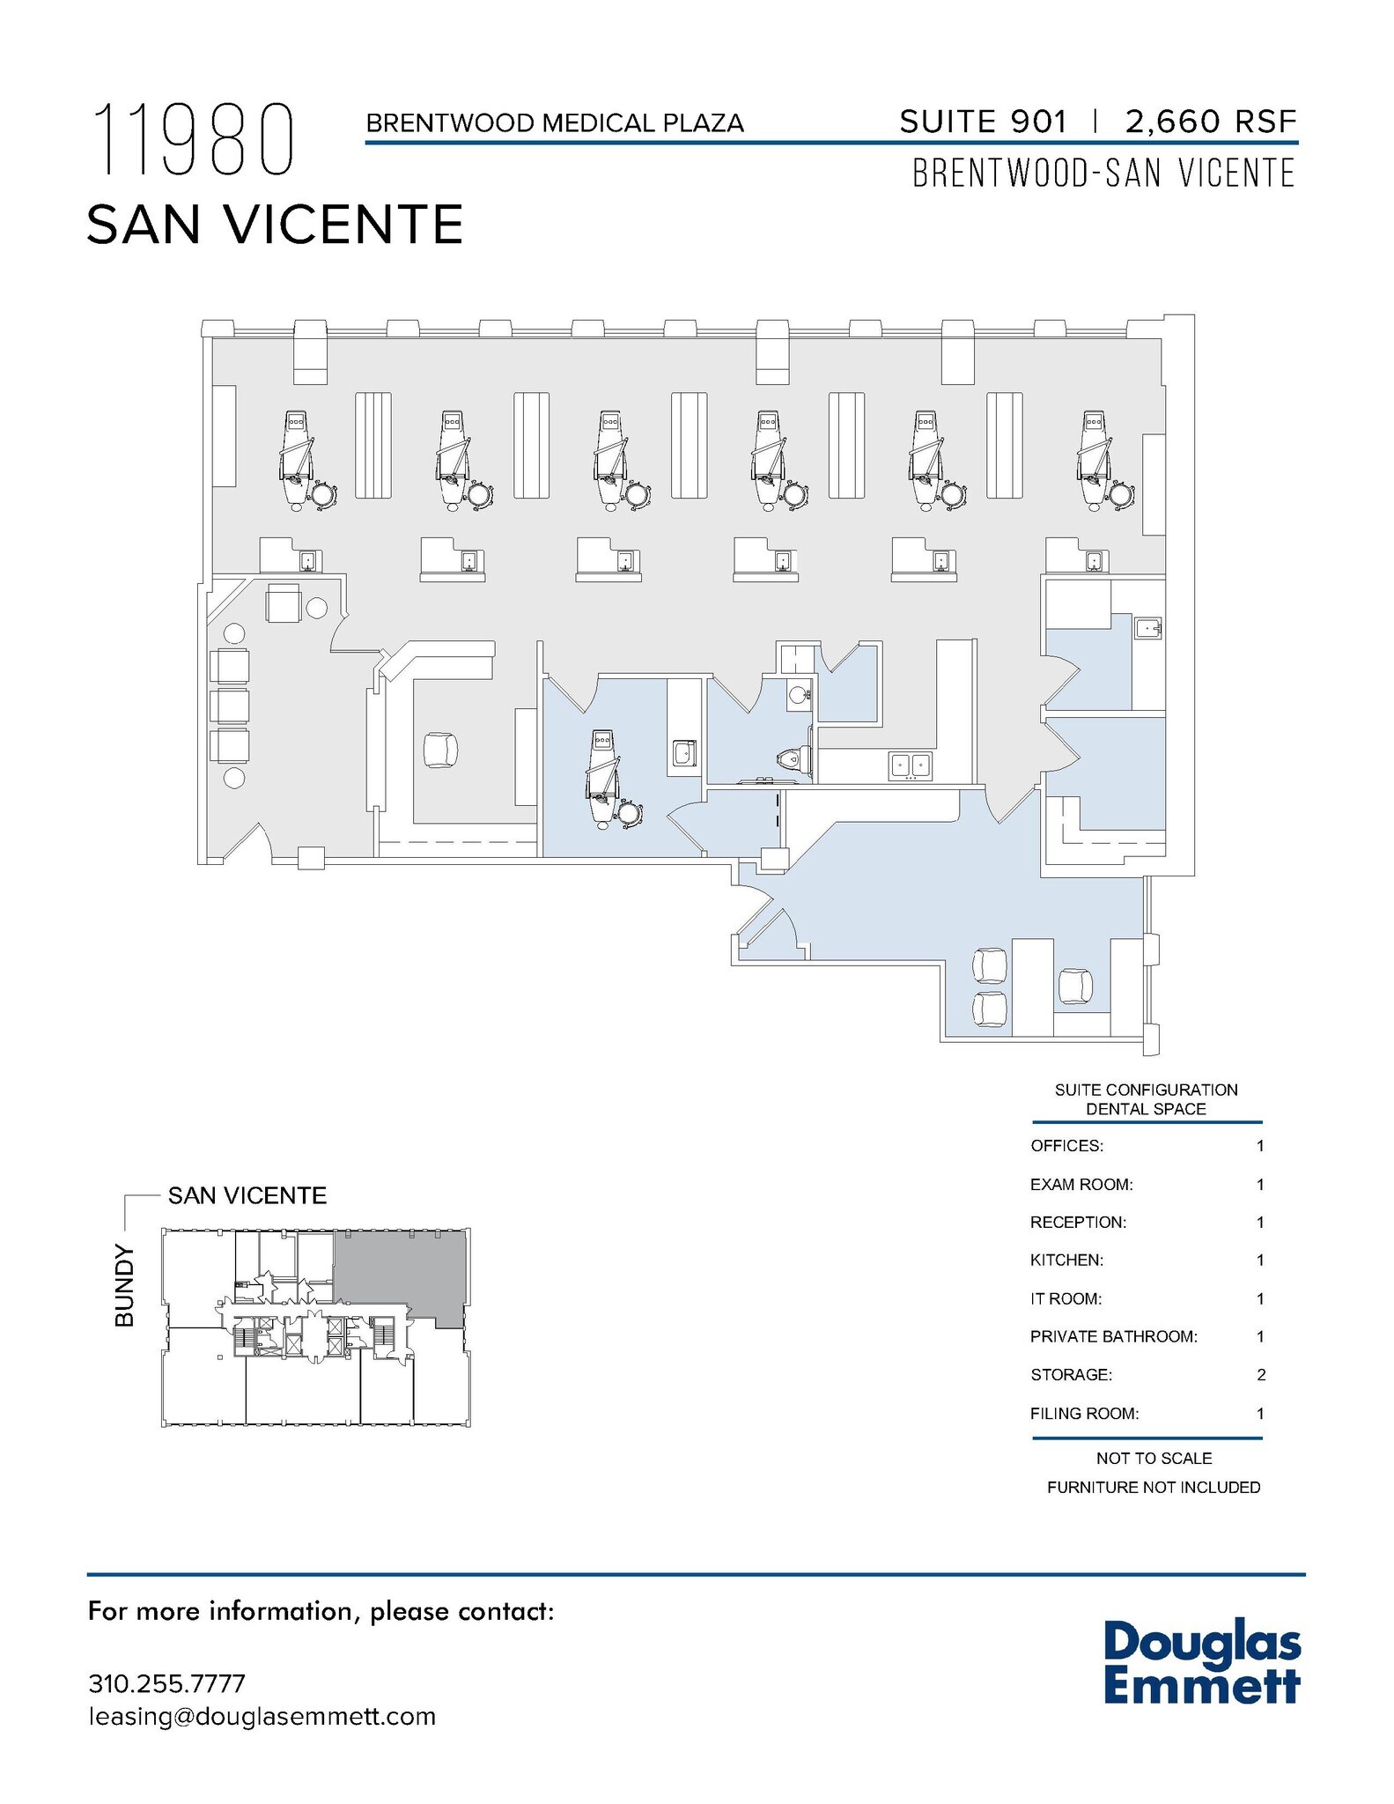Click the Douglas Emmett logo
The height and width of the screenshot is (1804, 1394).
(x=1201, y=1662)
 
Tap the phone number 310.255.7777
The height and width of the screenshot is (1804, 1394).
(x=166, y=1683)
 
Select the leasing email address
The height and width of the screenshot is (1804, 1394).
(x=262, y=1717)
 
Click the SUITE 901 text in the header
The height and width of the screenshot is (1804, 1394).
(x=983, y=122)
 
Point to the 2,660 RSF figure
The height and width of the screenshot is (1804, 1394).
(x=1210, y=122)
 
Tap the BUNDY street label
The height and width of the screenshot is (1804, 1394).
(x=125, y=1285)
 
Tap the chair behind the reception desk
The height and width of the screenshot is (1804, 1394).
(x=440, y=750)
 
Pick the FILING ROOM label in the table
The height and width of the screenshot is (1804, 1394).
(x=1084, y=1414)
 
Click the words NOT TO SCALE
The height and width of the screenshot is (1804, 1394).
(x=1154, y=1459)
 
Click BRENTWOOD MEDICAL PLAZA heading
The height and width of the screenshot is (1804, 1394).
(x=555, y=123)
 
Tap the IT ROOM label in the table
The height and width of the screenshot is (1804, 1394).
(x=1066, y=1299)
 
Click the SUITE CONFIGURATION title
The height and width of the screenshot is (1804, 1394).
(x=1146, y=1091)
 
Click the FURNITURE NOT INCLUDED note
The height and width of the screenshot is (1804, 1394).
(x=1154, y=1488)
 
